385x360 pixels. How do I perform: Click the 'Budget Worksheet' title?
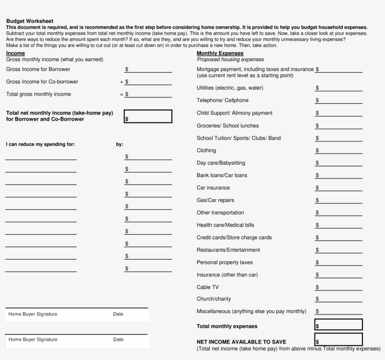(30, 21)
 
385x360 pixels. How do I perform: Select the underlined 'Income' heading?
(15, 54)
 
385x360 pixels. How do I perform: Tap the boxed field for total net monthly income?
(148, 116)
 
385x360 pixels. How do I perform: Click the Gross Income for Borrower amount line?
(148, 69)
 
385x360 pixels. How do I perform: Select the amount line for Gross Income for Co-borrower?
(148, 82)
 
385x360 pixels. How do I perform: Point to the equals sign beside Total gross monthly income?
(121, 94)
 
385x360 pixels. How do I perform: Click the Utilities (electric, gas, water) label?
(230, 88)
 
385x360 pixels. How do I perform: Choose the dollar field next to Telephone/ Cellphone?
(338, 100)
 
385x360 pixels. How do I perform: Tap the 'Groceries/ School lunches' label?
(227, 126)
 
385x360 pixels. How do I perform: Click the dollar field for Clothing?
(338, 151)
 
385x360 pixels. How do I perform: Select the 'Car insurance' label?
(213, 188)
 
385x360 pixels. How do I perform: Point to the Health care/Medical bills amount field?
(338, 225)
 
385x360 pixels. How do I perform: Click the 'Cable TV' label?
(208, 287)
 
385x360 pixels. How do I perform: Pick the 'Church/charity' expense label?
(214, 299)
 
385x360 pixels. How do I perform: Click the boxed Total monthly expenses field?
(338, 325)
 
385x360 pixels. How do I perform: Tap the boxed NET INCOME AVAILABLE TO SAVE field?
(338, 340)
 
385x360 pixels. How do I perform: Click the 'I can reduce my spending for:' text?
(40, 145)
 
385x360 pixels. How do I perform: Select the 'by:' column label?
(120, 145)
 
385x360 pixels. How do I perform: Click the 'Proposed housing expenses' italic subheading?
(230, 60)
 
